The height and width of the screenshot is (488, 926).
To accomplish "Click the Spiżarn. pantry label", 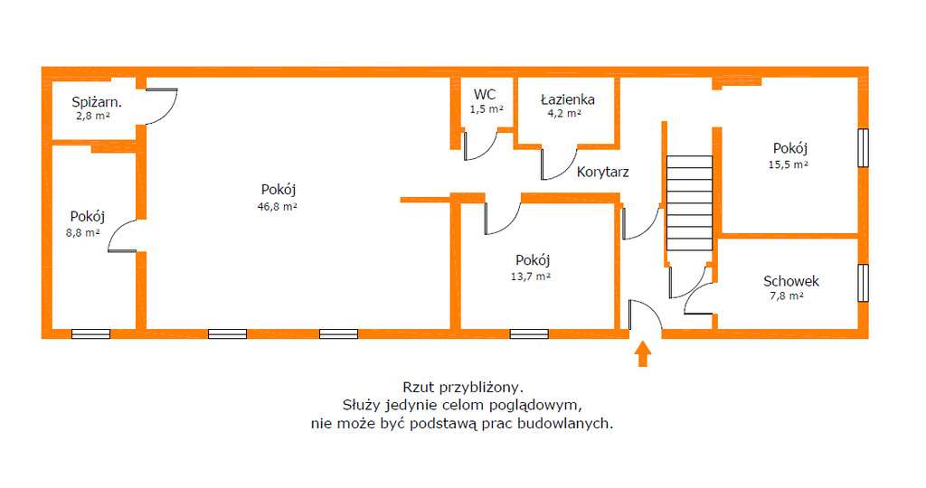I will coord(97,102).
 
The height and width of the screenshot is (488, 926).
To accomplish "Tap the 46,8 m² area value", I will coord(278,206).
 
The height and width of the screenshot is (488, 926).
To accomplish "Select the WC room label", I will coord(485,94).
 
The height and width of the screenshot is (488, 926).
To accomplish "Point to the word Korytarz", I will coord(602,171).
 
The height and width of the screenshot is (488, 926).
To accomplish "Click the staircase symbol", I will coord(689,204).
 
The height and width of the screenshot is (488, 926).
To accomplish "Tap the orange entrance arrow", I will coord(643,353).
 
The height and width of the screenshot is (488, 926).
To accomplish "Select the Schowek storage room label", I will coord(791,281).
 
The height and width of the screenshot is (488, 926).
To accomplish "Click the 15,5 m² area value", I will coord(789,165).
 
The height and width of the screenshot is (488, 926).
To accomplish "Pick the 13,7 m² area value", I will coord(531,277).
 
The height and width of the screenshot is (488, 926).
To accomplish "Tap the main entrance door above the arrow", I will coord(645,316).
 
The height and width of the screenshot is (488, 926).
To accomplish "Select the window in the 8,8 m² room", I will coord(90,333).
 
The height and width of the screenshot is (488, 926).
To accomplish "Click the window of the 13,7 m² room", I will coord(529,333).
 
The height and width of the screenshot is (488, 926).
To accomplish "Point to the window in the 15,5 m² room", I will coord(863,148).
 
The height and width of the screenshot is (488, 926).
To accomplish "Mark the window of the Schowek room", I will coord(863,282).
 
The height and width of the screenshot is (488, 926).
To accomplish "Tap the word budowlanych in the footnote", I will coord(569,423).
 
